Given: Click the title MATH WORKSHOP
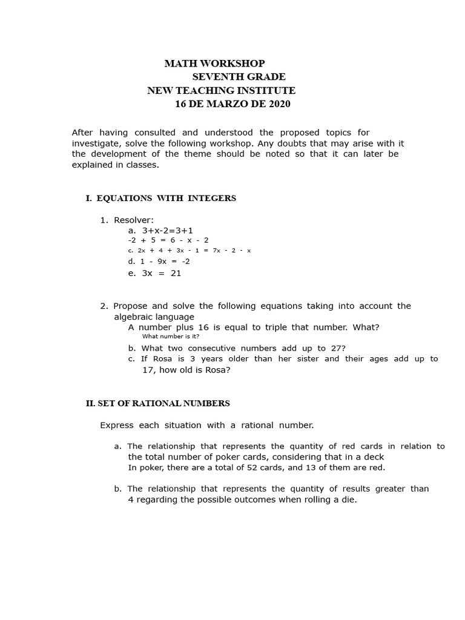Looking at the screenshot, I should [x=215, y=64].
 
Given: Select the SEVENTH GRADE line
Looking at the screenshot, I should [x=239, y=77].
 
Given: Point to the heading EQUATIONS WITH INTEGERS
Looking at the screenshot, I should [x=166, y=199].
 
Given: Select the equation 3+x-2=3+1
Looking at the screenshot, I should [x=167, y=231].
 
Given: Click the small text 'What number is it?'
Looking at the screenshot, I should [x=171, y=336].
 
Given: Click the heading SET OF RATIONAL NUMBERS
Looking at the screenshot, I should [x=163, y=403].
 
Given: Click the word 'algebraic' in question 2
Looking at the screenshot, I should [x=133, y=317].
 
